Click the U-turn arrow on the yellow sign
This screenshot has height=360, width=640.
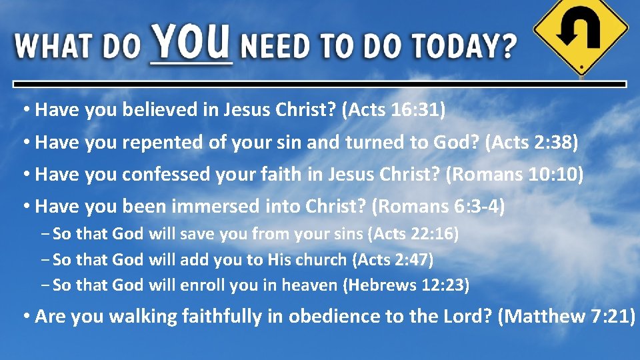click(x=581, y=31)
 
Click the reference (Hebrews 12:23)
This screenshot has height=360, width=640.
click(x=406, y=285)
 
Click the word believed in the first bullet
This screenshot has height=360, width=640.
click(x=160, y=110)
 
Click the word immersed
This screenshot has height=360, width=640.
click(x=215, y=207)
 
